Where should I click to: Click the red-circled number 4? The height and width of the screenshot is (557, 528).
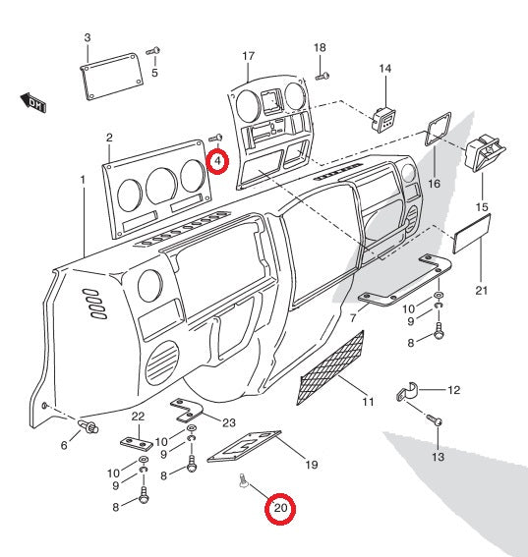coord(217,161)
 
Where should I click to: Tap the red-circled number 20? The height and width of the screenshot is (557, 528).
coord(280,508)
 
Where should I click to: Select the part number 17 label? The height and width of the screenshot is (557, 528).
coord(249,56)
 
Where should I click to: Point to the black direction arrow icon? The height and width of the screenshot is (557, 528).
coord(33,103)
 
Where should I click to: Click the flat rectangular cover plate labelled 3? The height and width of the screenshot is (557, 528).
coord(111,77)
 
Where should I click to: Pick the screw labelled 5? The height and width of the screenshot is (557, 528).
coord(152,51)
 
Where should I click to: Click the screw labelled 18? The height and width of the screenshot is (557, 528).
coord(323,76)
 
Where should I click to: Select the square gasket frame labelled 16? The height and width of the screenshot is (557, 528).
coord(439,130)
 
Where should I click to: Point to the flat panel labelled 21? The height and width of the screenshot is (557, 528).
coord(472,234)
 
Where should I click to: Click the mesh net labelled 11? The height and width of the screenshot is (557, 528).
coord(330,368)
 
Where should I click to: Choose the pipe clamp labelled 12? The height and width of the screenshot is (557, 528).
coord(407,391)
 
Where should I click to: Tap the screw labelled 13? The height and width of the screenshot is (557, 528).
coord(435,419)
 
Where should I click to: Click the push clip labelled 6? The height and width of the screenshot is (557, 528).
coord(88,426)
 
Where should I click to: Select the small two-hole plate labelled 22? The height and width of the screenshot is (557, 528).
coord(137,444)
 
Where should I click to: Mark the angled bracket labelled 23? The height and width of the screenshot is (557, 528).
coord(186,411)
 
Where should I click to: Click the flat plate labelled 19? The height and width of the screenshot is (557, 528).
coord(244,447)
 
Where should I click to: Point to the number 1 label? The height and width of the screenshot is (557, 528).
coord(83,180)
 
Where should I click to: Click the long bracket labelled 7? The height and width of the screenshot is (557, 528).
coord(405,281)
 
